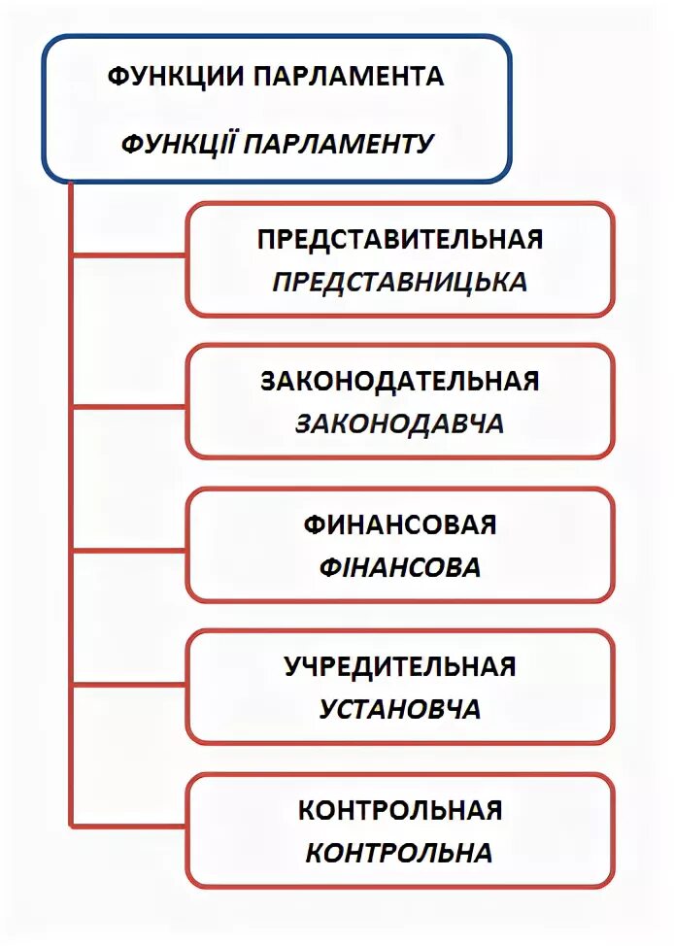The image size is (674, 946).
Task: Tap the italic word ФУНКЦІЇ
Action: pyautogui.click(x=178, y=144)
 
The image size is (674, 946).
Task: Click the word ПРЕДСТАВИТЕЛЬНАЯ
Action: pyautogui.click(x=399, y=239)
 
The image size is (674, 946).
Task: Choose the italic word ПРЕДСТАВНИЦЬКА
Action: pyautogui.click(x=399, y=282)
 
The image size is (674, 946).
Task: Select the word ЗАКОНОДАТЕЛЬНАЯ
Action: pyautogui.click(x=399, y=381)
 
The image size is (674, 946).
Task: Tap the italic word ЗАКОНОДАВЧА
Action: pyautogui.click(x=399, y=424)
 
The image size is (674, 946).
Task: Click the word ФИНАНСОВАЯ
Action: pyautogui.click(x=399, y=524)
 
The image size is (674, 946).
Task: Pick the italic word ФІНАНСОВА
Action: pyautogui.click(x=399, y=567)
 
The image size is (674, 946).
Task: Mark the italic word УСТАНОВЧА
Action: pyautogui.click(x=399, y=709)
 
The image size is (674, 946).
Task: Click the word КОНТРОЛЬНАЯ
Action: pyautogui.click(x=399, y=809)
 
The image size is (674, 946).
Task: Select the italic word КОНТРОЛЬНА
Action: pyautogui.click(x=399, y=853)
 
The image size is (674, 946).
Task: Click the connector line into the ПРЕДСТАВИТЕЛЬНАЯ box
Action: pyautogui.click(x=129, y=255)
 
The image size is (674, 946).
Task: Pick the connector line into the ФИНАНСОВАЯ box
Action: pyautogui.click(x=129, y=550)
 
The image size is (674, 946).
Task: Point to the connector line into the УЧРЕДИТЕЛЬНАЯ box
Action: pyautogui.click(x=129, y=686)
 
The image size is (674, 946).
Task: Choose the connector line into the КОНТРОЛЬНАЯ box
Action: pyautogui.click(x=129, y=827)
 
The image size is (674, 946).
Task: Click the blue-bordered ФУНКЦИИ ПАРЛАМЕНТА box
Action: pyautogui.click(x=275, y=110)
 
